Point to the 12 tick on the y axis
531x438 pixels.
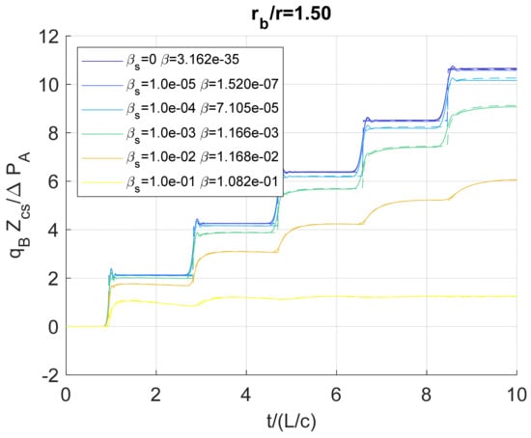[49, 37]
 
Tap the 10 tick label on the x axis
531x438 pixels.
[516, 394]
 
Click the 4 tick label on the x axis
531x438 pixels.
[245, 394]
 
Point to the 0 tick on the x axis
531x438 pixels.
[66, 394]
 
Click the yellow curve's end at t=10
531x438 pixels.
[516, 296]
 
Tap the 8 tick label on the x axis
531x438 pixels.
[426, 394]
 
